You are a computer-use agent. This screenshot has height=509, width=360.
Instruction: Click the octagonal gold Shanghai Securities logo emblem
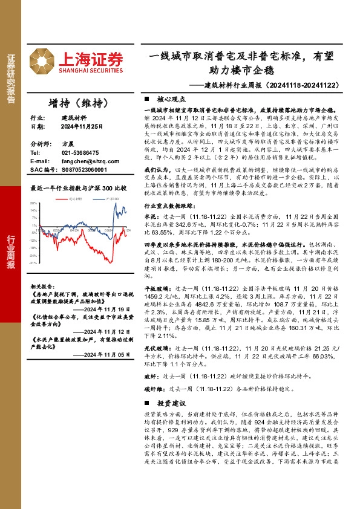pos(42,59)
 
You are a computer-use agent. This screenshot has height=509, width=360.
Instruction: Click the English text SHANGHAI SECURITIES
pos(91,70)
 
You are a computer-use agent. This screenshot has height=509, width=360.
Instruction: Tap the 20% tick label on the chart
pos(33,204)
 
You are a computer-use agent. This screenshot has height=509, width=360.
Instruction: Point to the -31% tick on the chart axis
pos(33,263)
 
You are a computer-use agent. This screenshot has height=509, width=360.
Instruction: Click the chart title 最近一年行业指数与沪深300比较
pos(79,188)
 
